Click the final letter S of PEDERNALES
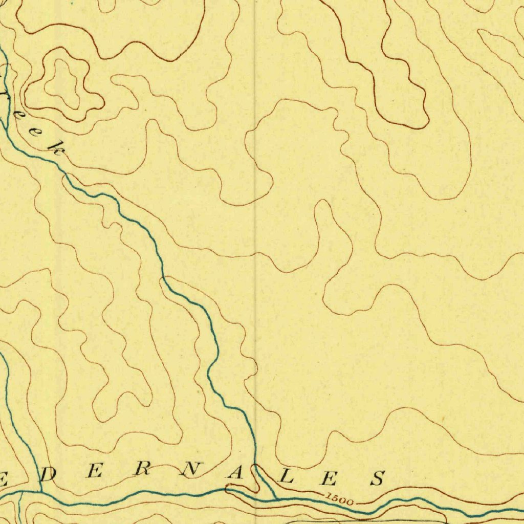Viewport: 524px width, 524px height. (x=378, y=479)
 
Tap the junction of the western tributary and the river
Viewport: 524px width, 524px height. (x=41, y=492)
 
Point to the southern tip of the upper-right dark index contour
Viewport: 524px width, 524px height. (x=409, y=126)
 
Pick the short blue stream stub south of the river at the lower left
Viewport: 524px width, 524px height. (x=19, y=507)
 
